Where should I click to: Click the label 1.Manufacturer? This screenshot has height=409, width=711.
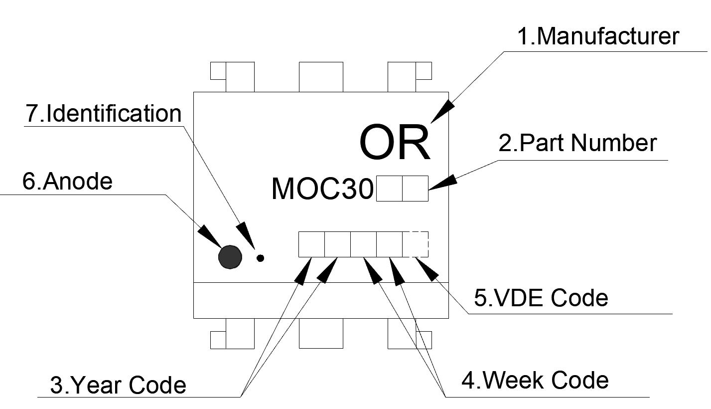(598, 37)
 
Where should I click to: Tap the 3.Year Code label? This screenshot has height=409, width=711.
(119, 385)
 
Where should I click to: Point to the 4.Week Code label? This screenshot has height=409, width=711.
(536, 381)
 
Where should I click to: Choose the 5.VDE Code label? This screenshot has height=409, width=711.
(541, 298)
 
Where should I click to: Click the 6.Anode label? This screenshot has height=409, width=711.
(68, 182)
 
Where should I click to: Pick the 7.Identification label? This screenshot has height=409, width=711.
(104, 114)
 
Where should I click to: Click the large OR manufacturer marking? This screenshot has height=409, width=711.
(394, 143)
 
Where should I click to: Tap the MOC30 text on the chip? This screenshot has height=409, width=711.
(322, 189)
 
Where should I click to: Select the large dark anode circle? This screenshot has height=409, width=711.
(230, 257)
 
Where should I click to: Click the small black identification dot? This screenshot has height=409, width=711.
(260, 258)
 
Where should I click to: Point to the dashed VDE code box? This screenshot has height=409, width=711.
(415, 244)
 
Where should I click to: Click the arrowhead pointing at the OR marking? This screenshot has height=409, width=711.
(441, 111)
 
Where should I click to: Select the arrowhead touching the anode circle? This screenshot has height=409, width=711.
(210, 236)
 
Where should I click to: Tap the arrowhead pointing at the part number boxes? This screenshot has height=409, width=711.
(440, 182)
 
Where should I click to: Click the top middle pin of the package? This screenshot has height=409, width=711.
(321, 77)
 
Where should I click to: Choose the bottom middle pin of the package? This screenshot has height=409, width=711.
(321, 333)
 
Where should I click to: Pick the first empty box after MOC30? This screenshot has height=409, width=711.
(389, 189)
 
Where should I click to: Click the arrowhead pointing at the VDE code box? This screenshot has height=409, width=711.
(427, 270)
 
